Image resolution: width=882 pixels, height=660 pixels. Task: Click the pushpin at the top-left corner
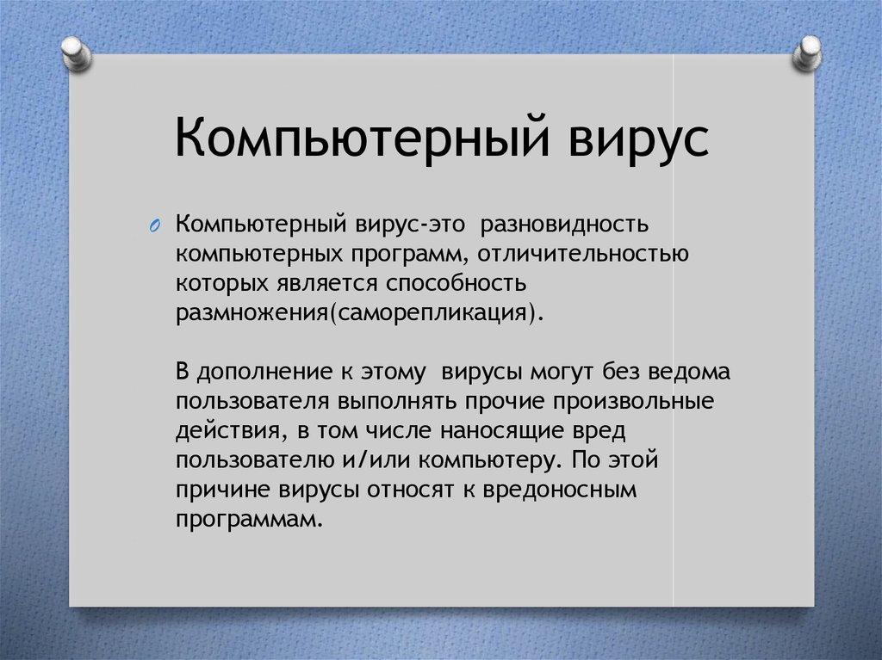coord(76,53)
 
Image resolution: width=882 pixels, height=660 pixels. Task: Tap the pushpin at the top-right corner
coord(807,53)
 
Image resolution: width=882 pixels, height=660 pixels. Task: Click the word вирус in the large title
coord(638,139)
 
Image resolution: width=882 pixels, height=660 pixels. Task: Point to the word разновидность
coord(565,224)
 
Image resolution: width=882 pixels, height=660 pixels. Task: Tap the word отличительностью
coord(583,254)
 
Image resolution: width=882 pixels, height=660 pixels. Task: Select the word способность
coord(457,283)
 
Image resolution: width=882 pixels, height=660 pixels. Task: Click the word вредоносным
coord(560,490)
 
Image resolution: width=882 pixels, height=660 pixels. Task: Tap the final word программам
coord(250,520)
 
